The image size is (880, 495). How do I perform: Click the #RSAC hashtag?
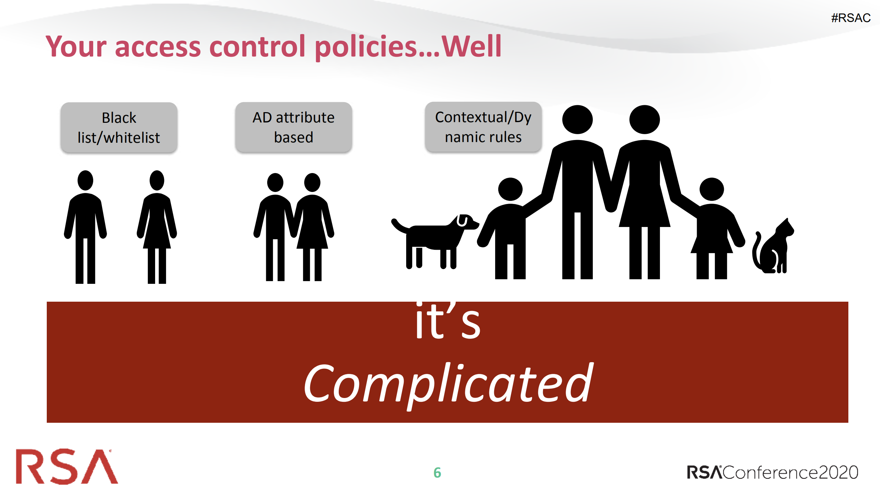coord(851,18)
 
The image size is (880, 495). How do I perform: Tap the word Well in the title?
coord(471,46)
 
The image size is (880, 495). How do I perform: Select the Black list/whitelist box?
coord(119,127)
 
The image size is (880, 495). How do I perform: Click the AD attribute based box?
coord(294,127)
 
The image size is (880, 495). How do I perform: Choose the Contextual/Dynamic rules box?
coord(483,127)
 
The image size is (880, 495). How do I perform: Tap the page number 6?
coord(437,473)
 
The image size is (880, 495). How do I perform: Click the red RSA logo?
coord(67,466)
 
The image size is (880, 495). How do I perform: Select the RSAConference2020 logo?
coord(772,472)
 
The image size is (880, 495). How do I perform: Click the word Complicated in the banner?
coord(448,384)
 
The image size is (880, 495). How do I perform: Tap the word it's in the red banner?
coord(448,321)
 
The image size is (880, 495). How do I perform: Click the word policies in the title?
coord(366,47)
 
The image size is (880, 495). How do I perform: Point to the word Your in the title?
coord(76,46)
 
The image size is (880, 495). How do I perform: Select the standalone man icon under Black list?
coord(85,227)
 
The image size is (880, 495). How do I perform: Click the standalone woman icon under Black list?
coord(157,227)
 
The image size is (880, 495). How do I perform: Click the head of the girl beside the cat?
coord(711,189)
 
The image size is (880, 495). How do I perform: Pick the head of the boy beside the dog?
coord(510,189)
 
